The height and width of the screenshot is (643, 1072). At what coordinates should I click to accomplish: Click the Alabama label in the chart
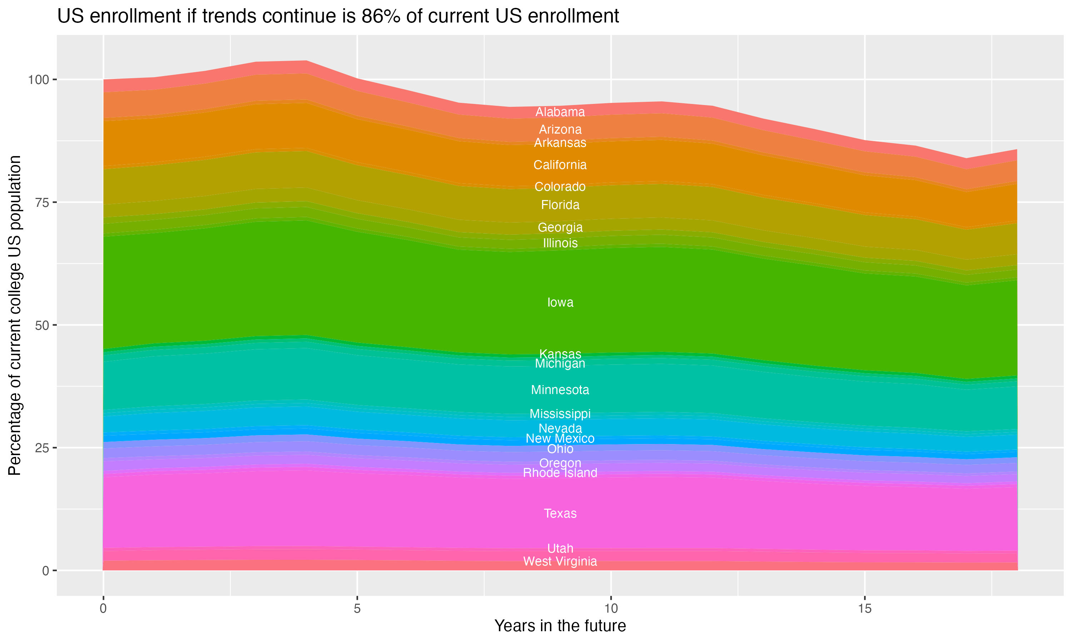coord(560,112)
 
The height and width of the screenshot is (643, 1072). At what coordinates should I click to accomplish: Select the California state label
coord(560,165)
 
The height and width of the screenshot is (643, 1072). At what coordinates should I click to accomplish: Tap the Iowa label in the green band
coord(560,303)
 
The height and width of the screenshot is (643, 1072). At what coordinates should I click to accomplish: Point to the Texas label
coord(560,513)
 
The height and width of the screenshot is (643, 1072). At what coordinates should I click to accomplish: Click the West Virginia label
coord(560,562)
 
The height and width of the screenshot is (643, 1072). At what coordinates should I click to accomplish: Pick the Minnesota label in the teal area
coord(560,390)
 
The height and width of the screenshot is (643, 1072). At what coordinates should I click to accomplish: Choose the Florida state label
coord(560,205)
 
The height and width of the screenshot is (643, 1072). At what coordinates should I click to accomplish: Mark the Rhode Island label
coord(560,473)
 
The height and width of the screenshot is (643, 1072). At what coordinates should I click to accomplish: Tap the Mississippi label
coord(560,414)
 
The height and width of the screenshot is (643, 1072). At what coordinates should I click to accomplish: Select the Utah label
coord(560,549)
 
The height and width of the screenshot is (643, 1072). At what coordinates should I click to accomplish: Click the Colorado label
coord(560,187)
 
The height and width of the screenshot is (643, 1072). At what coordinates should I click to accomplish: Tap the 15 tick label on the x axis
coord(864,609)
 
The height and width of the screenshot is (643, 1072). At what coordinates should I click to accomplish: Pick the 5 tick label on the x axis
coord(357,609)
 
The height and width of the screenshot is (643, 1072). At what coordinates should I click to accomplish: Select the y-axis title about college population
coord(15,315)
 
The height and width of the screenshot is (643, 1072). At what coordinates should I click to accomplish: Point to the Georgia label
coord(560,228)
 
